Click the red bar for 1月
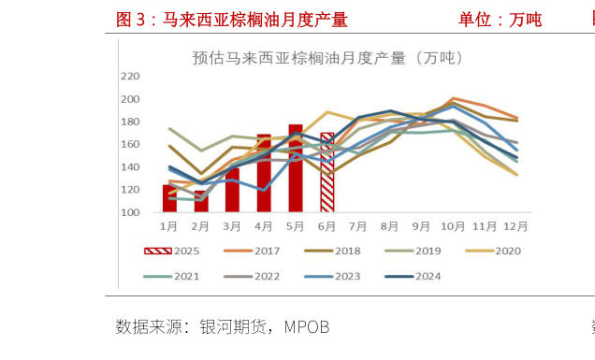[169, 199]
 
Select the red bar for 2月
[201, 202]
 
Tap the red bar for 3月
[232, 190]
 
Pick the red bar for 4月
[264, 174]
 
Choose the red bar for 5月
[296, 169]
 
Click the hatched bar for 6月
[327, 173]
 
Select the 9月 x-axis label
[421, 226]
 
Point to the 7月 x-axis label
[358, 226]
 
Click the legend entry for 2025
[173, 251]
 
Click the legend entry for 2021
[173, 276]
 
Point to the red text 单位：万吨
[500, 20]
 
